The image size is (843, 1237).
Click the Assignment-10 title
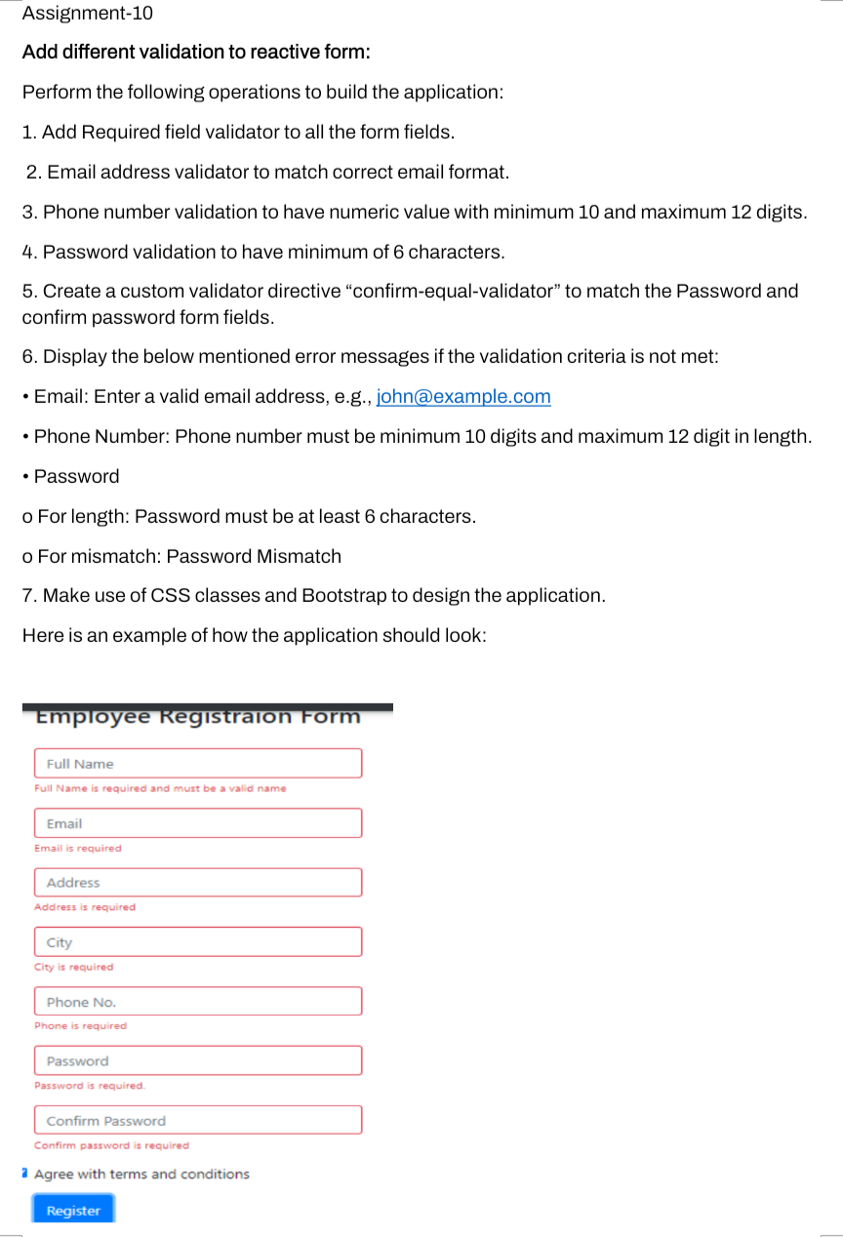coord(87,14)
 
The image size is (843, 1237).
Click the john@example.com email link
coord(463,397)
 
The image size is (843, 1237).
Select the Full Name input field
coord(198,764)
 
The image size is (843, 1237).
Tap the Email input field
coord(198,823)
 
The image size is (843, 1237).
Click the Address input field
coord(198,883)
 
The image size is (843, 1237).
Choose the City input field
coord(198,942)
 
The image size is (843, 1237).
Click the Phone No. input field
coord(198,1002)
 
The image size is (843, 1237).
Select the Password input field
coord(198,1061)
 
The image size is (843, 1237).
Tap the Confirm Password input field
coord(198,1121)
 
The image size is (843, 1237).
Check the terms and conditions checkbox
coord(24,1174)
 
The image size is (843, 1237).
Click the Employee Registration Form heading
coord(198,717)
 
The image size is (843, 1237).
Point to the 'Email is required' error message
coord(78,849)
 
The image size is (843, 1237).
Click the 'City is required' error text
coord(74,968)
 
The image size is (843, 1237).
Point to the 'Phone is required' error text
coord(81,1026)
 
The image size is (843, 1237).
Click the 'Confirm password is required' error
coord(111,1145)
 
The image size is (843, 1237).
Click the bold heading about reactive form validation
coord(196,52)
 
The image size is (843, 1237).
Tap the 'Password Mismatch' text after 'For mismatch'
coord(254,557)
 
